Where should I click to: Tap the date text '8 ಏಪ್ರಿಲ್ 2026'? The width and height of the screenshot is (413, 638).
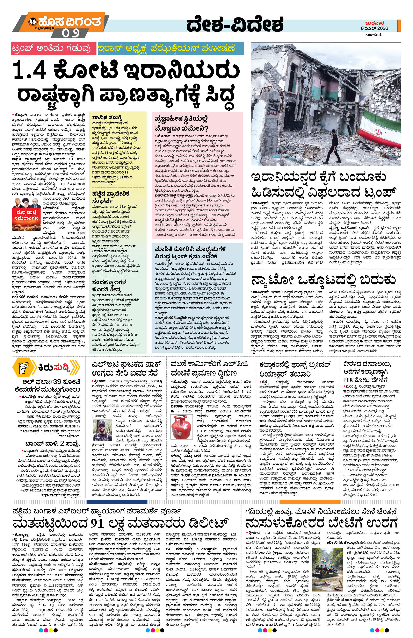click(x=374, y=28)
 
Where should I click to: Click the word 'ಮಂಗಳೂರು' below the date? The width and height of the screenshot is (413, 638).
click(x=373, y=35)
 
